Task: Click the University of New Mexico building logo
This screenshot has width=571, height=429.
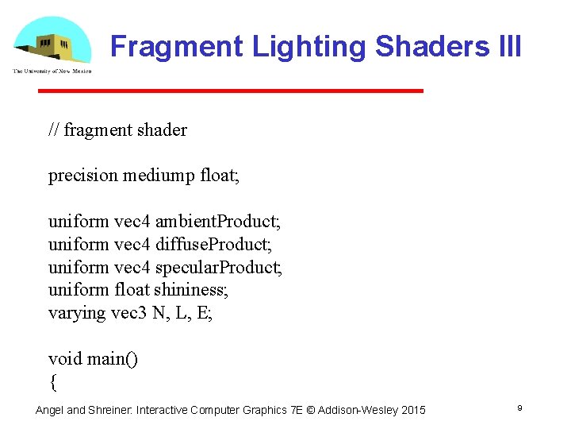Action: click(x=52, y=44)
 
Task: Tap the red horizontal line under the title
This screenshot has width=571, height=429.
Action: click(x=231, y=91)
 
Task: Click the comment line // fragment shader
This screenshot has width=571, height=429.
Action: click(x=117, y=129)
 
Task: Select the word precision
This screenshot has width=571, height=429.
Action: click(x=82, y=175)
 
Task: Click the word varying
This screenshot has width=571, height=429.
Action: click(x=77, y=312)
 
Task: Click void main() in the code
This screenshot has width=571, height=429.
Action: click(x=93, y=358)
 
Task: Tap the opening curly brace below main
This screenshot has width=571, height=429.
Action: click(x=53, y=382)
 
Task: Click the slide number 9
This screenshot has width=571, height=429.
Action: click(x=519, y=408)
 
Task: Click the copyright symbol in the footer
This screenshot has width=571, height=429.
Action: click(x=310, y=410)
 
